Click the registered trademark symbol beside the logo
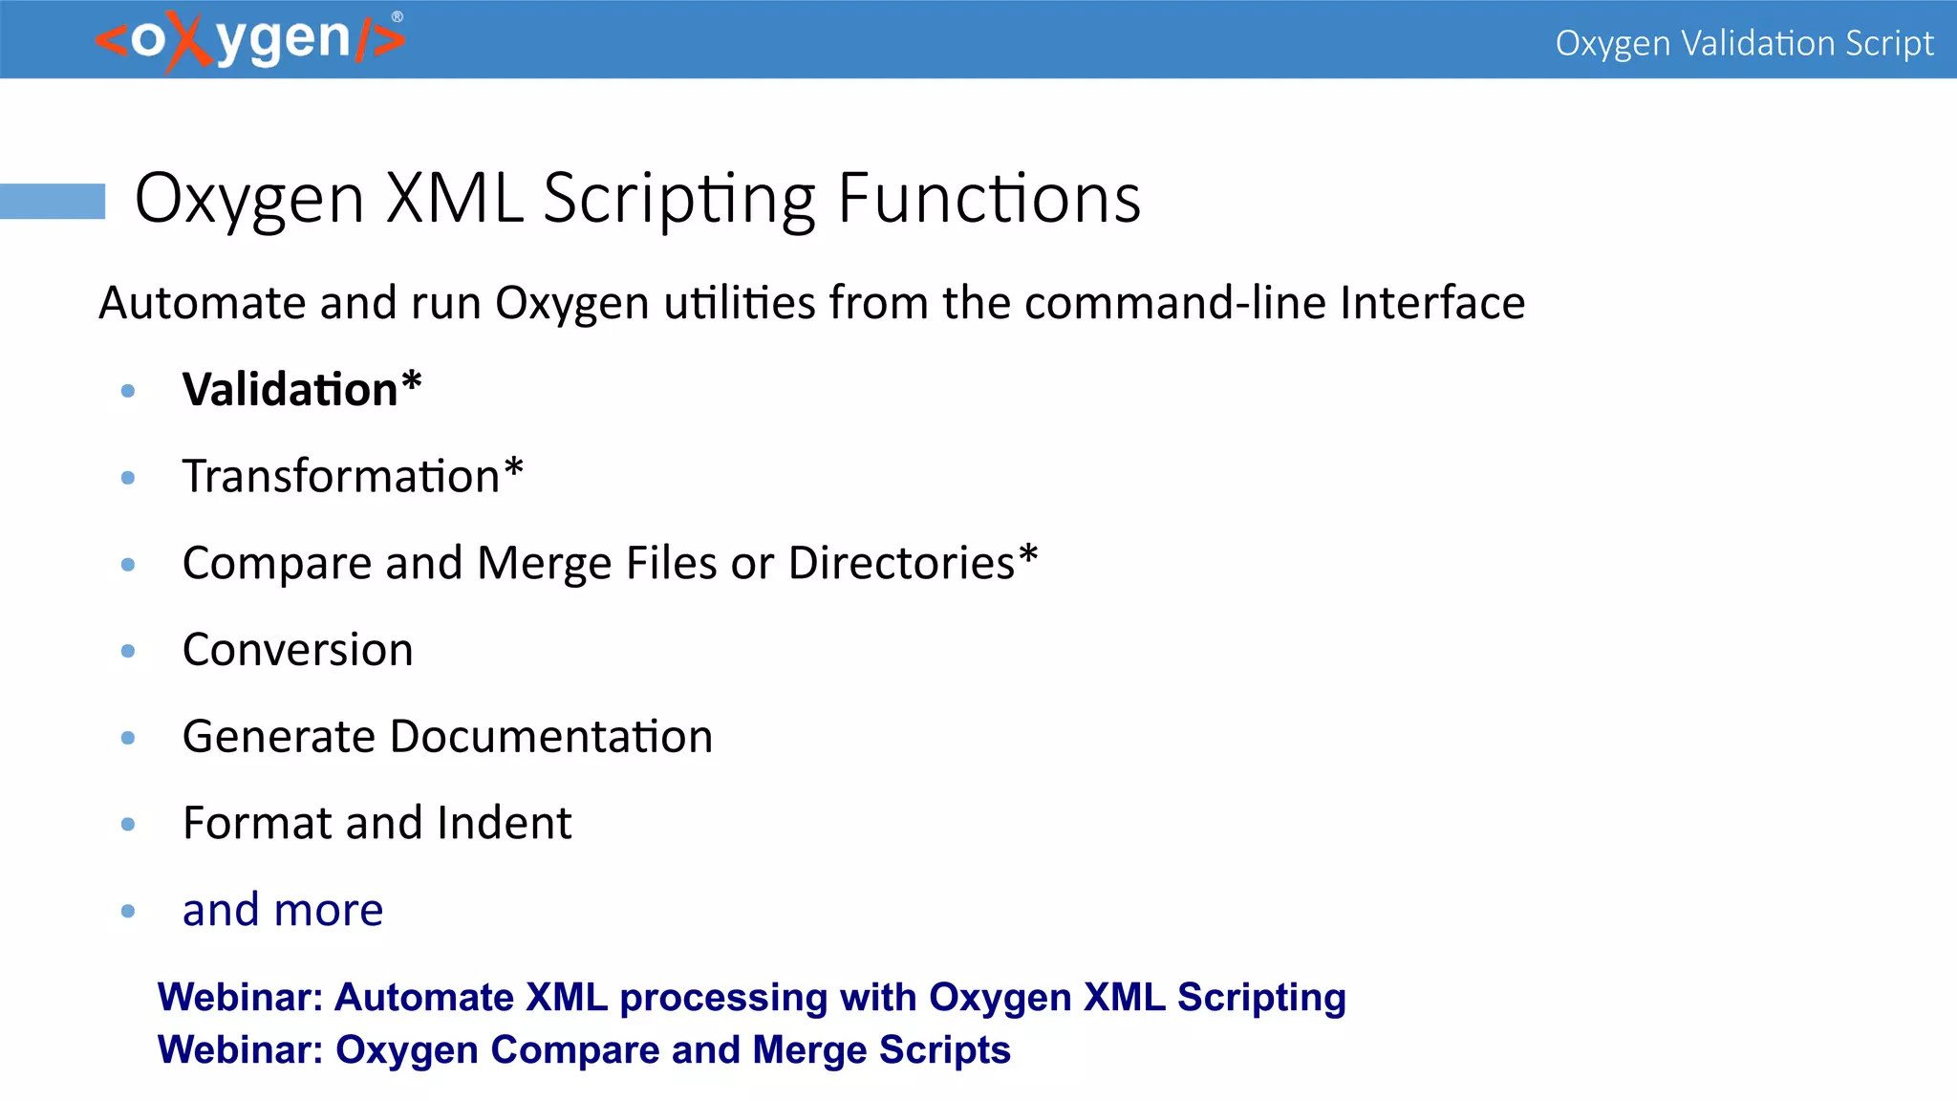398,16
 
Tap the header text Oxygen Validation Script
1743,43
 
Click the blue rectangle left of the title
53,201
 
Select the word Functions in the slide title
989,199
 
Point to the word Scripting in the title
679,199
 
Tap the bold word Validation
290,390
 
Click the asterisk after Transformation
513,469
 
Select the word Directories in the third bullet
901,563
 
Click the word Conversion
297,650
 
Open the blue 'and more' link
283,910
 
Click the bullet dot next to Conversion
128,651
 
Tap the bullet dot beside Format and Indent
128,824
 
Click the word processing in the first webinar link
723,998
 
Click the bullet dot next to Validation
128,390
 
